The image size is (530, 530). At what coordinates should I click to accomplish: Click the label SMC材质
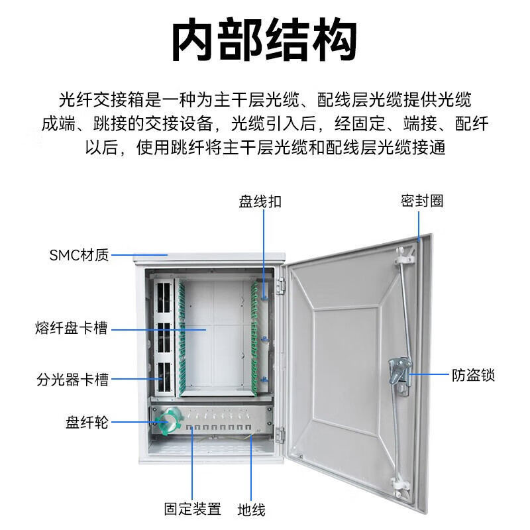[79, 255]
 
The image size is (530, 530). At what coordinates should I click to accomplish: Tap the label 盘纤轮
[86, 422]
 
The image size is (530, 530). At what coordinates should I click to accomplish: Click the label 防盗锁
[474, 376]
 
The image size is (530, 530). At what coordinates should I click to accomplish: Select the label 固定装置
[192, 509]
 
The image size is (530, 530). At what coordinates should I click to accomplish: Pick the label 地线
[251, 509]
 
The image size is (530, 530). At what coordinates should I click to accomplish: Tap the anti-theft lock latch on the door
[399, 373]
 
